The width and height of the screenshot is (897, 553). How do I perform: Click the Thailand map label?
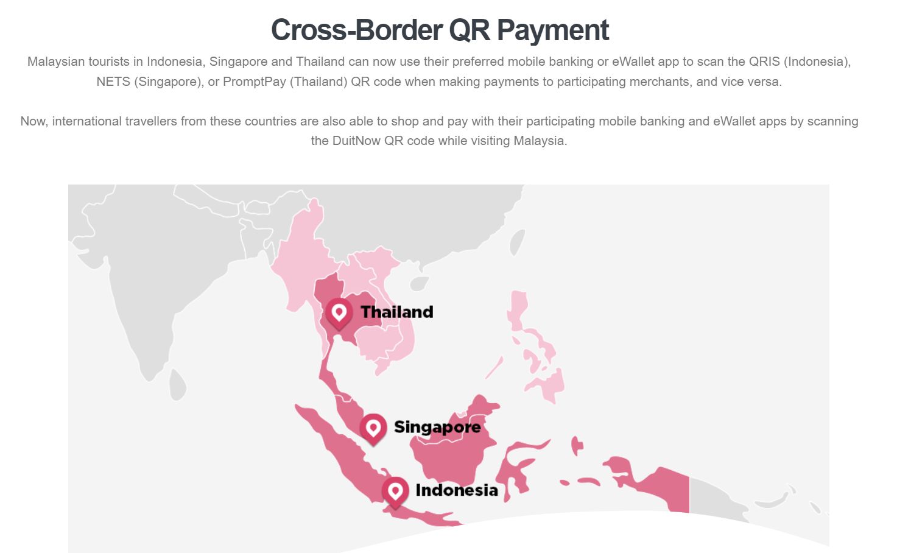pos(396,312)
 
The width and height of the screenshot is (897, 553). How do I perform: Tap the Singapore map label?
pos(437,427)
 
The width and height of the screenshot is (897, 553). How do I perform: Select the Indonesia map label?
pos(456,490)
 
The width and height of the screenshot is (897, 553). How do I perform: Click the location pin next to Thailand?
pos(339,313)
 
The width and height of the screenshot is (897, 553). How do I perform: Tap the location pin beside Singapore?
pos(373,428)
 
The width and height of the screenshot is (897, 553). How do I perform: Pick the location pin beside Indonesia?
pos(395,491)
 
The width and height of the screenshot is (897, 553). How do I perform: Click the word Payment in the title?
pos(553,30)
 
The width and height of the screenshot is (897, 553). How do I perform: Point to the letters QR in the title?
pos(469,30)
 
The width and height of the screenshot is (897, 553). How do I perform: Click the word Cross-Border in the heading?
pos(357,30)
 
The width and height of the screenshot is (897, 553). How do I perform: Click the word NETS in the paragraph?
pos(114,82)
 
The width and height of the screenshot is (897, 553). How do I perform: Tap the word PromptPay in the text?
pos(255,82)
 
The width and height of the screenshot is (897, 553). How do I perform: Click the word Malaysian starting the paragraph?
pos(55,62)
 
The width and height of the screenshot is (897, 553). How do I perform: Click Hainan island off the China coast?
pos(419,283)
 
